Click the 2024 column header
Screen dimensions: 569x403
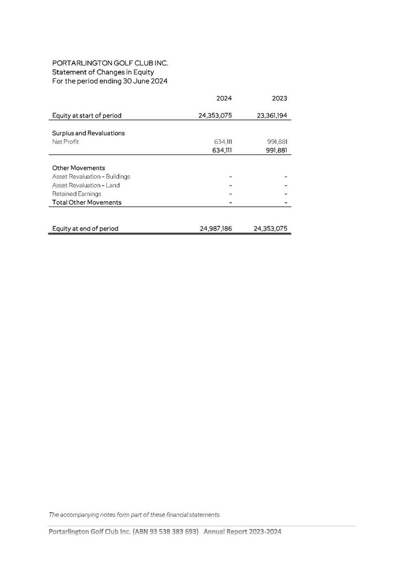[224, 98]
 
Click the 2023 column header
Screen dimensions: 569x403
[279, 98]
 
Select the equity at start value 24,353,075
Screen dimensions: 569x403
[215, 116]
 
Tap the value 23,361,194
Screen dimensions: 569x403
[272, 116]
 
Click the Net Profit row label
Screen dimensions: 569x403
[65, 142]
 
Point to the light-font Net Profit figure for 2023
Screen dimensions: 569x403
[277, 142]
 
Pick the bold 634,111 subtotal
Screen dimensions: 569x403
[222, 150]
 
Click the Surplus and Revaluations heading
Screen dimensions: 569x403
[88, 133]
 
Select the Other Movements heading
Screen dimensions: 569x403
[78, 168]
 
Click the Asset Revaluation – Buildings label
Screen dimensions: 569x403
[91, 177]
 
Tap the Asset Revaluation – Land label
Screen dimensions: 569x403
[86, 185]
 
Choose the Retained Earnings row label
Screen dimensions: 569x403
[76, 194]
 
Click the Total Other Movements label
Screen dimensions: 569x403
[86, 202]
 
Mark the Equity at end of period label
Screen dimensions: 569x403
[85, 229]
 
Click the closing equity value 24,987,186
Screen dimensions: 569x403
[216, 229]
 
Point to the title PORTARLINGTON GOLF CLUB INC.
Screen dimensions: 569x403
[110, 63]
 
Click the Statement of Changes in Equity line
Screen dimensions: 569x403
[103, 72]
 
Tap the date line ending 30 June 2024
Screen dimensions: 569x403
[110, 81]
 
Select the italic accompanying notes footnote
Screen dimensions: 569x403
[134, 515]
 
